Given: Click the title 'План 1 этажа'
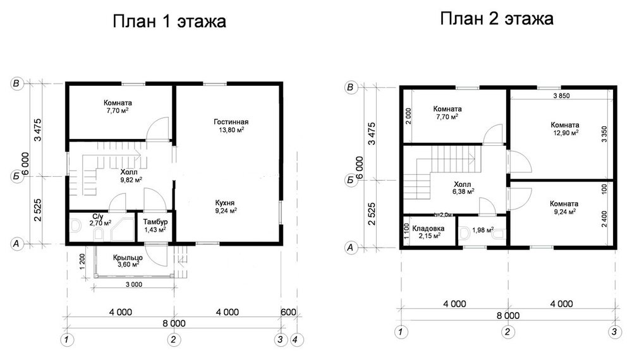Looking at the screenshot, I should (169, 23).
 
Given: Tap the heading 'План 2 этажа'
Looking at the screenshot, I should (497, 19).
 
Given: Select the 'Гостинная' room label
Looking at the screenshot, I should (231, 121).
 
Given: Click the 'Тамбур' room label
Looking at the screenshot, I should (155, 222).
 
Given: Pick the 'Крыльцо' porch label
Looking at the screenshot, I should (128, 257).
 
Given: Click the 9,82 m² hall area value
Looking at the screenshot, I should (130, 179).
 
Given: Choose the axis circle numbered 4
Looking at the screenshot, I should (296, 340).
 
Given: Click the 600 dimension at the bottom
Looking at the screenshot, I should (288, 311).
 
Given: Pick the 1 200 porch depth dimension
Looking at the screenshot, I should (83, 260).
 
